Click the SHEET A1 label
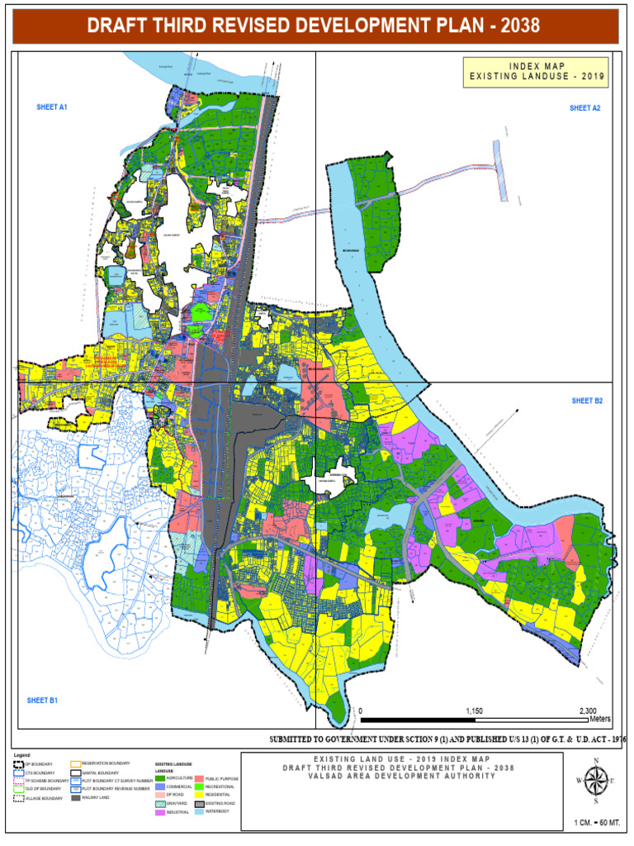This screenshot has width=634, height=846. [51, 107]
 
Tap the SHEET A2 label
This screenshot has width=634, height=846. [584, 108]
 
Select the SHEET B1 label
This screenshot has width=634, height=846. [42, 701]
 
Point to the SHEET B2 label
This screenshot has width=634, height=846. [588, 401]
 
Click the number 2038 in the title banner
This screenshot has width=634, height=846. [514, 26]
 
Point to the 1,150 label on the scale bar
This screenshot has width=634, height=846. [474, 711]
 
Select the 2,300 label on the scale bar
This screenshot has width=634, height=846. [588, 711]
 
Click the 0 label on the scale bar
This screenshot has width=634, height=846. [361, 711]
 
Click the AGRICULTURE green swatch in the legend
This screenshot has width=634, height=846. [160, 778]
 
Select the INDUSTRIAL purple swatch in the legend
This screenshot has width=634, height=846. [160, 813]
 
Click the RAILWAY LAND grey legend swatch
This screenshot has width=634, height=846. [75, 798]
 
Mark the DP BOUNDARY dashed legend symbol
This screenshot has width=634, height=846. [19, 765]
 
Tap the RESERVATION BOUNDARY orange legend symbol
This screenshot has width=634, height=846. [75, 763]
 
